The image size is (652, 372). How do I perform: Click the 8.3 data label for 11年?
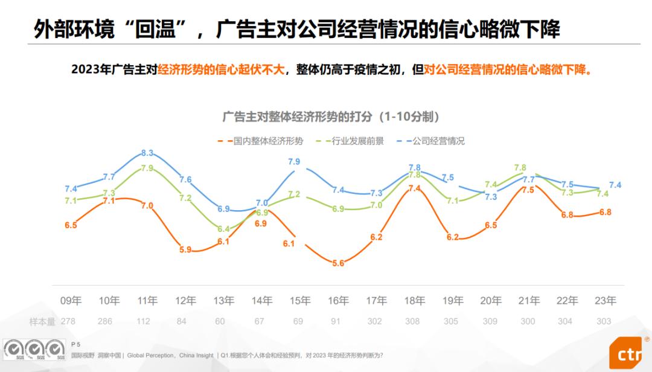[147, 153]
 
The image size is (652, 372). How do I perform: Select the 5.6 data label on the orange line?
[338, 263]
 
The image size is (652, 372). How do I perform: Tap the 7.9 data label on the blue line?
[294, 162]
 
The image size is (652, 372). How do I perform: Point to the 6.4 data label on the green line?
[223, 229]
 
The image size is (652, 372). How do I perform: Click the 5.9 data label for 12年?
[185, 249]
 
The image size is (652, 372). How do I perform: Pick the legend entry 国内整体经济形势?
[260, 141]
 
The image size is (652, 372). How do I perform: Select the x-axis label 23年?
[605, 301]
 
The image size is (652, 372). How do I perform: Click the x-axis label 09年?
[71, 301]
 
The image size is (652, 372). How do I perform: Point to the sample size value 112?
[143, 321]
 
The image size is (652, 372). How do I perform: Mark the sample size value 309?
[490, 321]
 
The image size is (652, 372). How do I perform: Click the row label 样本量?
[42, 321]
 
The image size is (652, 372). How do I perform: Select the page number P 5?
[76, 344]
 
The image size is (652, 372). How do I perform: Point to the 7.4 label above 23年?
[615, 185]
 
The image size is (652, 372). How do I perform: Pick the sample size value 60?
[220, 321]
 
